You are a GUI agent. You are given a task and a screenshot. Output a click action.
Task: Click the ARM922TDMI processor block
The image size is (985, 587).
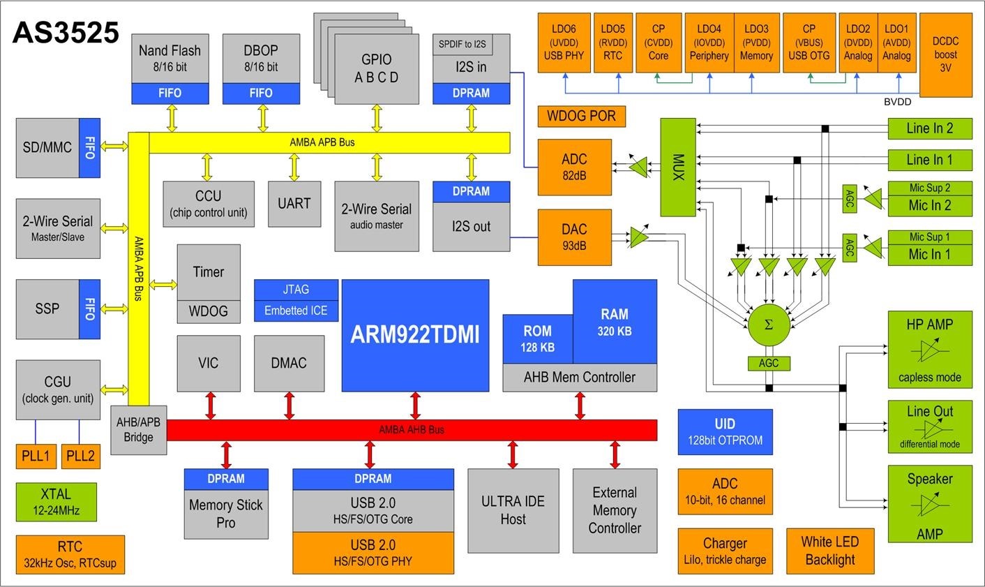click(x=415, y=335)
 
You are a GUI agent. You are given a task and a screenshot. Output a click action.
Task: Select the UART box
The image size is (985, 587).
click(x=294, y=204)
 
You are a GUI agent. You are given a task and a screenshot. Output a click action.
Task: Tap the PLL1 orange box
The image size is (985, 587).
click(x=36, y=456)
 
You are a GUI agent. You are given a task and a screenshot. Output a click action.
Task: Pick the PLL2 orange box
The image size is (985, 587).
click(x=80, y=456)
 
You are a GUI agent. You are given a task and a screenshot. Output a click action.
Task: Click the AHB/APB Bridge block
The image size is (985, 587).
click(x=139, y=429)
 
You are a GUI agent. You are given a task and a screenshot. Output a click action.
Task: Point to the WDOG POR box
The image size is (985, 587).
click(x=582, y=116)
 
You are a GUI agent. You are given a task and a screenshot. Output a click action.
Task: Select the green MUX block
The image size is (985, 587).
click(x=678, y=167)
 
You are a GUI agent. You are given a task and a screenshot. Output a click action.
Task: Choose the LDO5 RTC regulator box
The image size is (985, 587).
click(x=612, y=43)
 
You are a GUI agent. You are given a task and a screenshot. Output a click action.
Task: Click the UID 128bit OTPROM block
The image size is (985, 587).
click(x=725, y=432)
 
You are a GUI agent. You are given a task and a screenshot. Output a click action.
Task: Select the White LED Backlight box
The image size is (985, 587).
click(x=829, y=551)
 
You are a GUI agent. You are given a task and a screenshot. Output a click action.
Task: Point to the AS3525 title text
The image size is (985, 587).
click(x=66, y=33)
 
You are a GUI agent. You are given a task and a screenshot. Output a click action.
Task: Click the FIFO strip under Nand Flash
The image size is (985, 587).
click(x=170, y=93)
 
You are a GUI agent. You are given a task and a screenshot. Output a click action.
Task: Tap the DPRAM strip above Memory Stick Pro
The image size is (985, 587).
click(x=225, y=479)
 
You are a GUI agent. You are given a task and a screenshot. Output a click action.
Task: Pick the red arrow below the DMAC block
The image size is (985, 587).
click(x=290, y=406)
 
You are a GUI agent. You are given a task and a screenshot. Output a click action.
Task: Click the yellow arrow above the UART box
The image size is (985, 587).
click(x=294, y=168)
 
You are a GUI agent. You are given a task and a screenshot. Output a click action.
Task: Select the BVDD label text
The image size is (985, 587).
click(x=897, y=103)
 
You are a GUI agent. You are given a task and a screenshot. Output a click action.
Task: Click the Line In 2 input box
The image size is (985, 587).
click(x=929, y=128)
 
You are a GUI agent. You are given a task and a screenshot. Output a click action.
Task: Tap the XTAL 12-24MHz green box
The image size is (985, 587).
click(x=56, y=502)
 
